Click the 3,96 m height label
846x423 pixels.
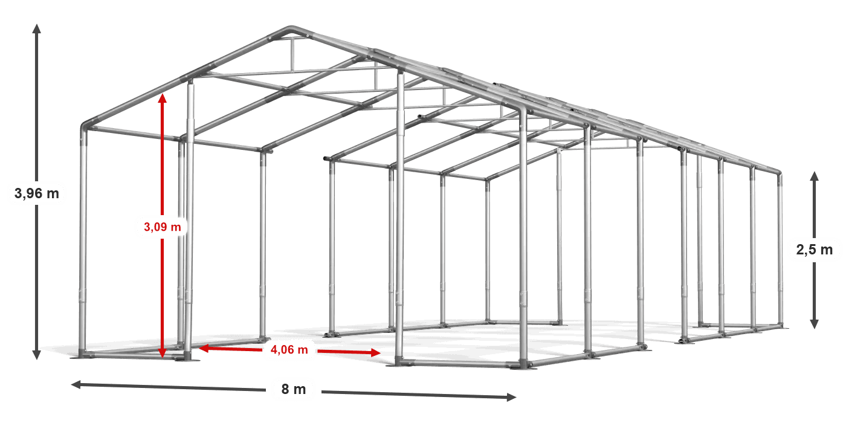point(37,193)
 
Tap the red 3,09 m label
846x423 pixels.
point(163,227)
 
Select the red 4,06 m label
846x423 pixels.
point(289,350)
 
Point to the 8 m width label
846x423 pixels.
point(294,389)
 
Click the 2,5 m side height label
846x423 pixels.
point(815,250)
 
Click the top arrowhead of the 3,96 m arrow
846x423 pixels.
point(37,29)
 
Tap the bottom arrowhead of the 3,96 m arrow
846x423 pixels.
point(37,355)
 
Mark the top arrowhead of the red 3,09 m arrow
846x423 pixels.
point(163,98)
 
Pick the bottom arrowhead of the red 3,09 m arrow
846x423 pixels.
point(163,353)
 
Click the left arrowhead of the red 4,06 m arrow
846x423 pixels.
point(204,348)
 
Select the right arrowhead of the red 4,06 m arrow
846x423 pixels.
point(376,353)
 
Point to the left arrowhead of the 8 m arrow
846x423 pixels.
point(76,384)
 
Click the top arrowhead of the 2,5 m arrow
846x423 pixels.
point(815,176)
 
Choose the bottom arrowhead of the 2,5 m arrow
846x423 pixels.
point(815,324)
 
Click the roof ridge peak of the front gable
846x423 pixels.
point(291,29)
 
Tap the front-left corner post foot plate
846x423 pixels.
point(82,355)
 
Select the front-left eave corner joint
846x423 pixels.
point(86,126)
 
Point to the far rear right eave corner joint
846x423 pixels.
point(779,173)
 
